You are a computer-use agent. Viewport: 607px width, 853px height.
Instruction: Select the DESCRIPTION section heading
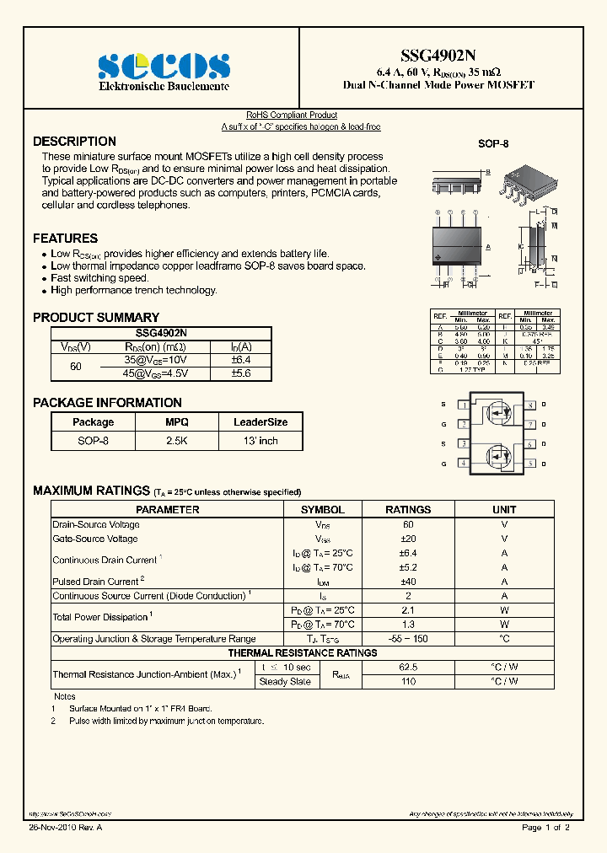tap(74, 142)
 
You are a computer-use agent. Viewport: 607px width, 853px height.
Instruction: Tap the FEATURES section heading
tap(65, 239)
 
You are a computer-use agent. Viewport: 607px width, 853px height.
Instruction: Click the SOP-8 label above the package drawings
tap(493, 144)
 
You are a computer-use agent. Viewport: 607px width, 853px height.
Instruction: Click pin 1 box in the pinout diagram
tap(463, 405)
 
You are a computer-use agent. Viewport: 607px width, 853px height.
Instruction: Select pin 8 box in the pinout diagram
tap(529, 405)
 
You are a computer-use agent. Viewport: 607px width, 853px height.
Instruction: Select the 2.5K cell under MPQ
tap(176, 441)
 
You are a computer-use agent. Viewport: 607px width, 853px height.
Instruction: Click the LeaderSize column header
tap(261, 422)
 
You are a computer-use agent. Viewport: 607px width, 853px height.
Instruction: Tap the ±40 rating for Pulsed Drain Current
tap(408, 582)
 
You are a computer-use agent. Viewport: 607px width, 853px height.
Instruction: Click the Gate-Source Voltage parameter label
tap(95, 539)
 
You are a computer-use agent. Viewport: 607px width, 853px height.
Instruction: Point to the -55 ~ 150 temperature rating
tap(408, 639)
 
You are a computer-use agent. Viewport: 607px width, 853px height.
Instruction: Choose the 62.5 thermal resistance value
tap(408, 667)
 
